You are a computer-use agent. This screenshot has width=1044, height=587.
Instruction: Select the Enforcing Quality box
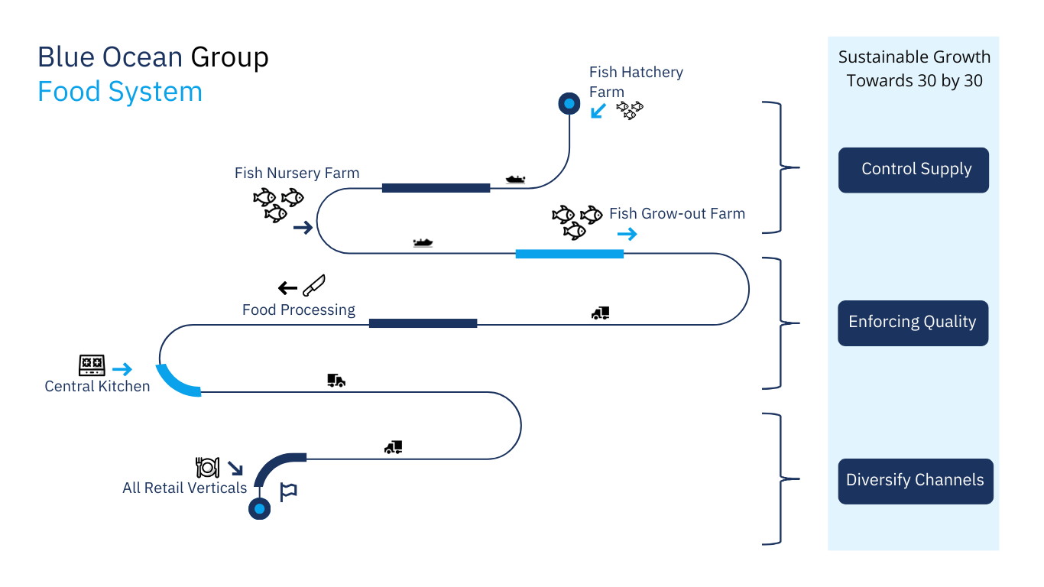[913, 323]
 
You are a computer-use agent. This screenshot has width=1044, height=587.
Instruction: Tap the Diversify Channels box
[915, 481]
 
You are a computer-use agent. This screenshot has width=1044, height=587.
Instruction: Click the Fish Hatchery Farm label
[635, 82]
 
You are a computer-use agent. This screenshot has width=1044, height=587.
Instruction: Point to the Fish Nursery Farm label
[297, 174]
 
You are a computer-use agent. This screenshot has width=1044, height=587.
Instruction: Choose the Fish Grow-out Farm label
[676, 214]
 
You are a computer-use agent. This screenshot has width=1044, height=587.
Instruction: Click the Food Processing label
[299, 310]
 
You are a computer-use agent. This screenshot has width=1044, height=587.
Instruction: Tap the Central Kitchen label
[97, 386]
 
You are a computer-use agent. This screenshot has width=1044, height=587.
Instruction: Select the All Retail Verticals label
[185, 488]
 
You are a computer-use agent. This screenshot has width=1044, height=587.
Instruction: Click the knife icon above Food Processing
[313, 285]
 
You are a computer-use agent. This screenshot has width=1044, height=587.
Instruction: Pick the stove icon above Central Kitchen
[92, 365]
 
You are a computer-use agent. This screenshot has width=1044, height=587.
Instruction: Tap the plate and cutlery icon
[207, 467]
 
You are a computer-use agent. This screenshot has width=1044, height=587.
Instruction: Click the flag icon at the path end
[288, 492]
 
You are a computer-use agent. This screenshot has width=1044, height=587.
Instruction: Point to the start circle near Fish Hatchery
[569, 102]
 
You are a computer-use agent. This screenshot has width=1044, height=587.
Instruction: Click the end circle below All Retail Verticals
[260, 508]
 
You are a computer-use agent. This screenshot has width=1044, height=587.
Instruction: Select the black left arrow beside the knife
[287, 288]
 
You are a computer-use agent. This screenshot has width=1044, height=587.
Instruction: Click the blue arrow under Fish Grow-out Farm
[627, 235]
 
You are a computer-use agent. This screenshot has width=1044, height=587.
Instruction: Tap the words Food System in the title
[120, 92]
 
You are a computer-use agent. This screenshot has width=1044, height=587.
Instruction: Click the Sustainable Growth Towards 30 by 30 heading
[914, 69]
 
